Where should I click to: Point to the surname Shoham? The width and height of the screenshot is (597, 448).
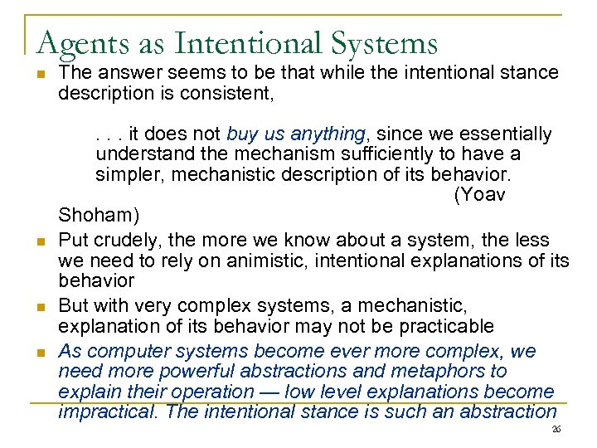click(x=99, y=216)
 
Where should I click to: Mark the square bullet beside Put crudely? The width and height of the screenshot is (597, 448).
click(x=39, y=241)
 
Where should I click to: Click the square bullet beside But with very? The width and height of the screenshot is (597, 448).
click(x=39, y=306)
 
